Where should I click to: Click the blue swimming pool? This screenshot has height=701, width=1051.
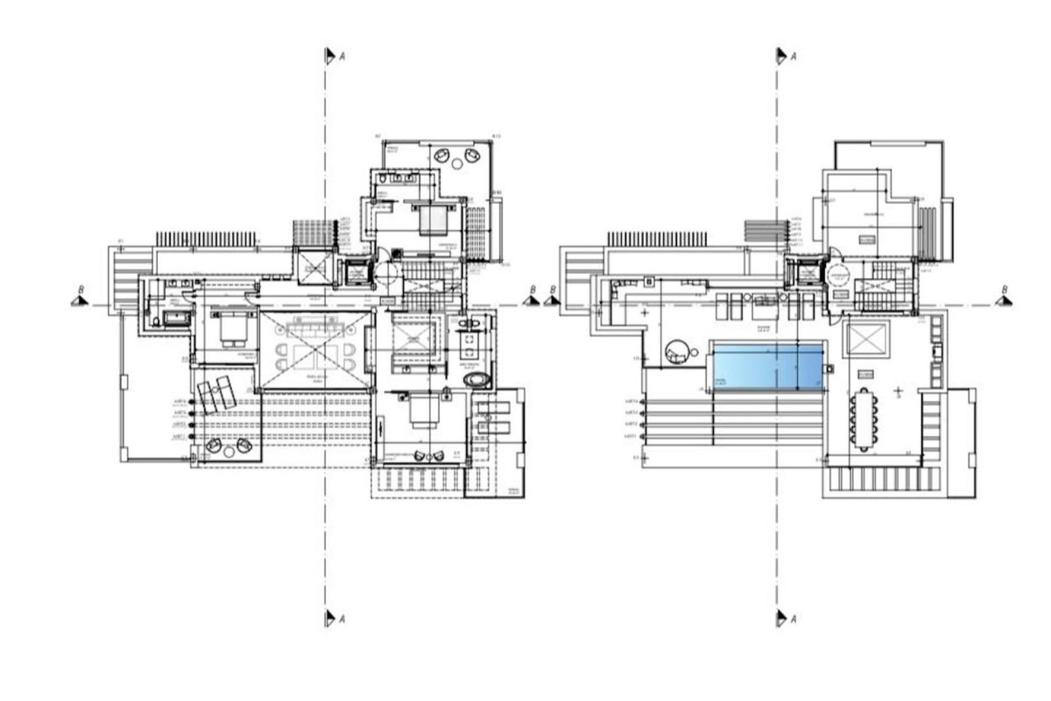(x=766, y=366)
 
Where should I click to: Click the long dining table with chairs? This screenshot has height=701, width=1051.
(x=864, y=419)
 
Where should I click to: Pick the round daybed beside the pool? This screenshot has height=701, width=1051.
(x=677, y=351)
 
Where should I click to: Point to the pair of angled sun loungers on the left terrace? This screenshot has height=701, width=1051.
(x=216, y=394)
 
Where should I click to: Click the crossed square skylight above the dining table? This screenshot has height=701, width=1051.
(x=867, y=340)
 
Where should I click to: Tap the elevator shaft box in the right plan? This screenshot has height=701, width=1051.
(x=806, y=272)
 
